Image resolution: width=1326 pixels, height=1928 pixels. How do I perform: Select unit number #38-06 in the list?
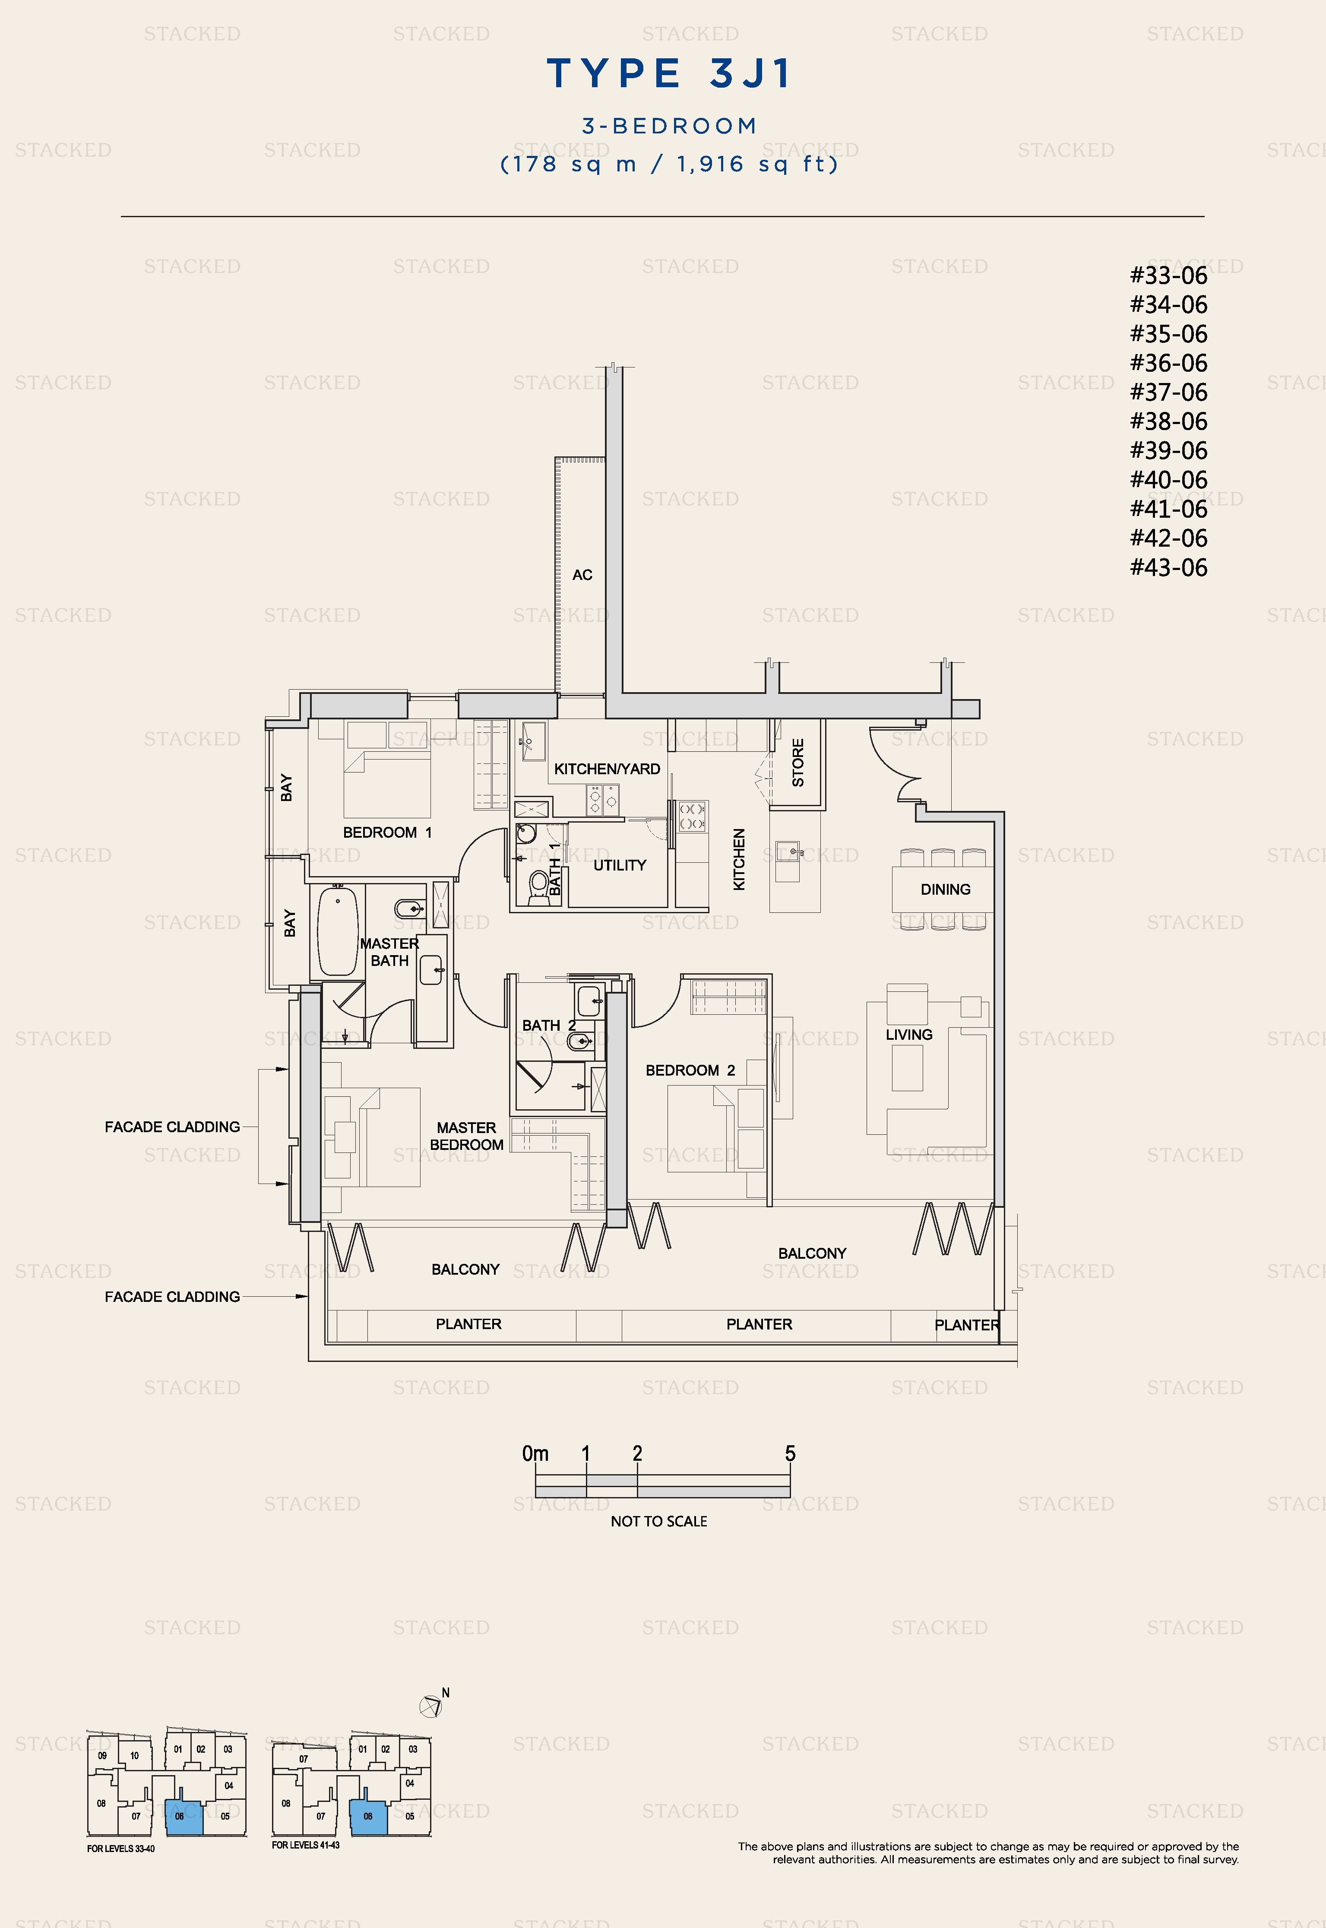click(x=1168, y=421)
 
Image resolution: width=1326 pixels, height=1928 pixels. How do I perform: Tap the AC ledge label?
click(x=582, y=575)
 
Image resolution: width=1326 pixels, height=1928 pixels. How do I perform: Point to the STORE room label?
click(x=797, y=763)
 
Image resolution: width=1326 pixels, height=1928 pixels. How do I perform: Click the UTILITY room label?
click(x=620, y=865)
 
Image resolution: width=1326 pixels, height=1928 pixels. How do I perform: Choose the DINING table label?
click(x=946, y=889)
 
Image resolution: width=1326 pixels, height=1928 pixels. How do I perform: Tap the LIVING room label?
click(x=909, y=1034)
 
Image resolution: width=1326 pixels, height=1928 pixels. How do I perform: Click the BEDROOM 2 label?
click(x=690, y=1070)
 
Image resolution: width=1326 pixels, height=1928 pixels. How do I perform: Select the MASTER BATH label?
click(x=389, y=952)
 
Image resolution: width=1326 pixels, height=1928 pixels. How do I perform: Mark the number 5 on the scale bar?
click(x=790, y=1453)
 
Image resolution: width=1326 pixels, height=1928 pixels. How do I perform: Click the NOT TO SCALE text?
click(x=659, y=1521)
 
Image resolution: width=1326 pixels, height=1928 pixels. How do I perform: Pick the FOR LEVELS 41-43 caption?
click(x=306, y=1845)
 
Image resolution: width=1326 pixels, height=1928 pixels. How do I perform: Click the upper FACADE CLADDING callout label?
click(x=172, y=1127)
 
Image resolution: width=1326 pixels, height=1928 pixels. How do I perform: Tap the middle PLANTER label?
click(x=760, y=1324)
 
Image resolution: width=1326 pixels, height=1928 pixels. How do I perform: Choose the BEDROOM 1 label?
click(x=387, y=833)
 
